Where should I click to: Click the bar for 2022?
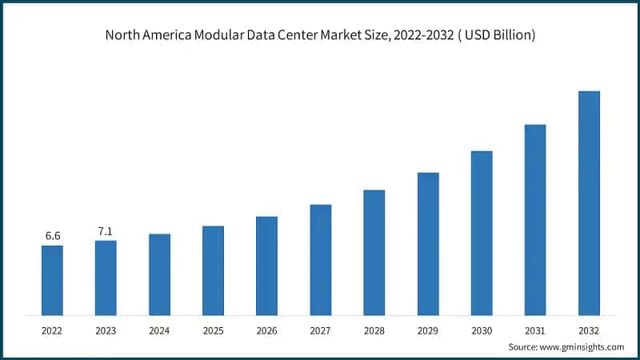click(52, 279)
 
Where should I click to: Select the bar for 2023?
click(106, 277)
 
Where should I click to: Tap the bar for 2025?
click(213, 270)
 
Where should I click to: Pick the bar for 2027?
click(320, 259)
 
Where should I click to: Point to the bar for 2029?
click(428, 243)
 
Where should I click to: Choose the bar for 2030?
click(482, 232)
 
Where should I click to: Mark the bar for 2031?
click(535, 219)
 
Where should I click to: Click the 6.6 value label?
click(52, 235)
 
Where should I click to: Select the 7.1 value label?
click(106, 231)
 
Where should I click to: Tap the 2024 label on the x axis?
click(159, 330)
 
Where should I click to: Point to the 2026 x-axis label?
click(266, 330)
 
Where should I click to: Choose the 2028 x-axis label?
click(374, 330)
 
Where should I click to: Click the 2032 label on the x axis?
click(589, 330)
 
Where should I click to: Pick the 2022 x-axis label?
click(52, 330)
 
